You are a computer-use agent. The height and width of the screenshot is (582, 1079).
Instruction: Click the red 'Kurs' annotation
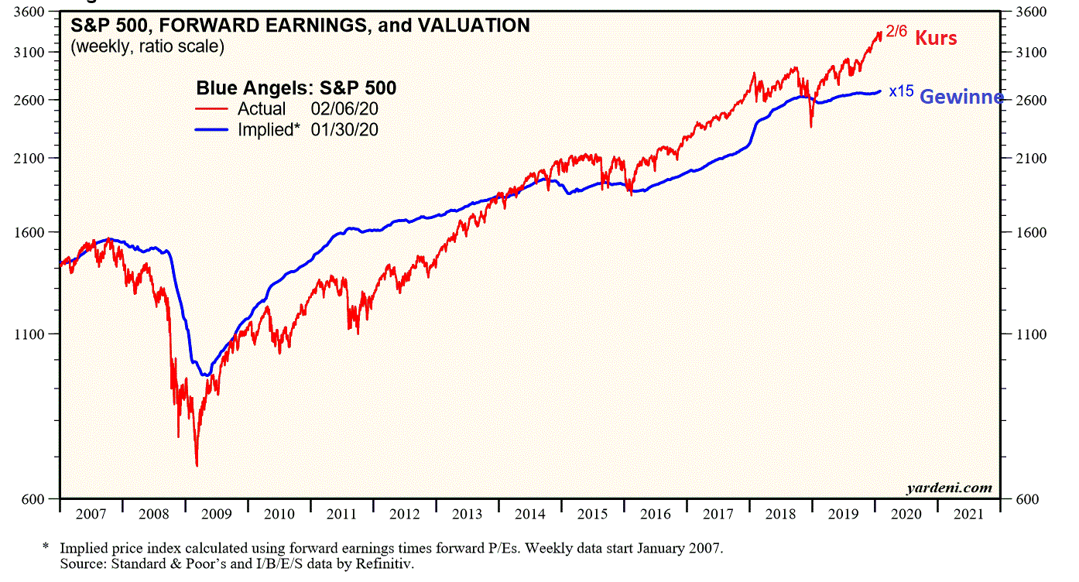[x=937, y=37]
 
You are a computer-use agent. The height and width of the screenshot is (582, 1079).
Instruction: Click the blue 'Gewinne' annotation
[x=961, y=97]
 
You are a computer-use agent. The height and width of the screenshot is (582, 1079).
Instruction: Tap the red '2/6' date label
[x=896, y=33]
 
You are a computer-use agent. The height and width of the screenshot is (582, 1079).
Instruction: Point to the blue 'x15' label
[x=901, y=91]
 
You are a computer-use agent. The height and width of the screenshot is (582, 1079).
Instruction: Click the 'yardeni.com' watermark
[x=949, y=488]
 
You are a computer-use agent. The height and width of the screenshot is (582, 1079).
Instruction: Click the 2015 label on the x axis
[x=592, y=514]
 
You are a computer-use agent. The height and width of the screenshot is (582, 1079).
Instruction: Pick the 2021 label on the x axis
[x=968, y=514]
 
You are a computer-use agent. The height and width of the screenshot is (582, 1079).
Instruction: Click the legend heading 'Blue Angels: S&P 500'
[x=296, y=88]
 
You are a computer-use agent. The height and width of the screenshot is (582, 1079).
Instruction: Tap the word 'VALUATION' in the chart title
[x=474, y=26]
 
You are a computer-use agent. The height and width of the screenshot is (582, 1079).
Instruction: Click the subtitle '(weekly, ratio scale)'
[x=147, y=46]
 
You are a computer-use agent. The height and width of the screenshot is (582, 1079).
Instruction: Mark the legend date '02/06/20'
[x=346, y=109]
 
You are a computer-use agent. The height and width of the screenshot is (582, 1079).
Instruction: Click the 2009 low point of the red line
[x=197, y=466]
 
